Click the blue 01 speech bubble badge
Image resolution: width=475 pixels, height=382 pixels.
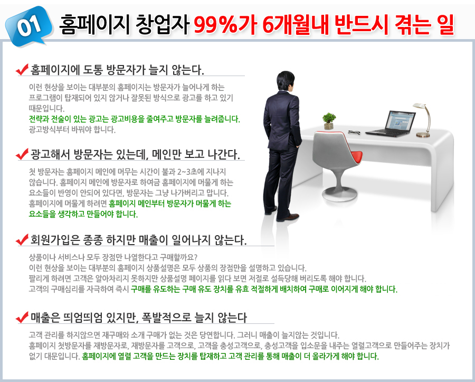pos(29,26)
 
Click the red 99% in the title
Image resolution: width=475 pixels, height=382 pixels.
pos(215,24)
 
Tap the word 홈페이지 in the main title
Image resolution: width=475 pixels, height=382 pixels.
pos(94,24)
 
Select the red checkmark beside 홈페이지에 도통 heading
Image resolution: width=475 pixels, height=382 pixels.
pos(22,69)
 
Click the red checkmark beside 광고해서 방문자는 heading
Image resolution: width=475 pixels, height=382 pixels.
pos(22,154)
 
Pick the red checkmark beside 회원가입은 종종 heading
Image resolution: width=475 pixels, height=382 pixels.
pos(22,239)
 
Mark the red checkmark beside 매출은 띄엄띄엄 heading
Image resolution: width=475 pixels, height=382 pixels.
pos(22,317)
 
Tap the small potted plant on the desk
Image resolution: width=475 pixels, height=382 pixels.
pos(329,121)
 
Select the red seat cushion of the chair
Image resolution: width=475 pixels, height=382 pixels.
pos(354,157)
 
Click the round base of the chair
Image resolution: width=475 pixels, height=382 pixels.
pos(339,193)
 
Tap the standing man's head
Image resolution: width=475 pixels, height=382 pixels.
pos(286,80)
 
